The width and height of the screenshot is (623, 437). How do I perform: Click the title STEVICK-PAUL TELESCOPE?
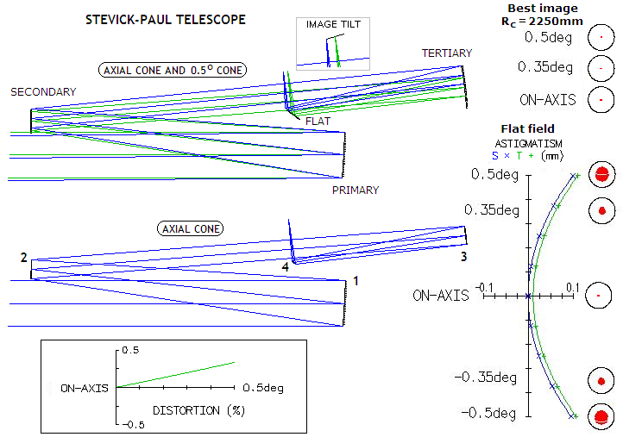click(x=166, y=20)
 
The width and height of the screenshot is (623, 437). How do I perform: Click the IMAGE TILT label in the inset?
click(x=333, y=25)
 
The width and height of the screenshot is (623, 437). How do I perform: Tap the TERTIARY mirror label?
click(x=447, y=53)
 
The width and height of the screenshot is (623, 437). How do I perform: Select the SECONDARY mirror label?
click(x=43, y=92)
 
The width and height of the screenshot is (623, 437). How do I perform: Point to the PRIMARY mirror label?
click(x=356, y=190)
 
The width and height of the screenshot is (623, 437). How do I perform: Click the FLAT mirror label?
click(x=318, y=121)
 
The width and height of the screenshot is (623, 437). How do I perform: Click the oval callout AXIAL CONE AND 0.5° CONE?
click(x=173, y=71)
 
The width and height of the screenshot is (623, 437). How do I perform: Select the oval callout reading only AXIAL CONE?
click(x=191, y=229)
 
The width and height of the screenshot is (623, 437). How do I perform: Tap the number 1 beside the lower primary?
click(x=356, y=281)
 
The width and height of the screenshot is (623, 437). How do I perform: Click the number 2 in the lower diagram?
click(x=24, y=258)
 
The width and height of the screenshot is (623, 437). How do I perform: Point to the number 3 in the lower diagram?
click(x=463, y=257)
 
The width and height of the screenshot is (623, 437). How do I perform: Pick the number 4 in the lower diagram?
click(x=285, y=267)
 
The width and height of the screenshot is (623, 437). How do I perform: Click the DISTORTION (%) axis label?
click(x=198, y=410)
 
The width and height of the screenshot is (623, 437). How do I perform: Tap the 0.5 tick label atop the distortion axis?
click(x=130, y=350)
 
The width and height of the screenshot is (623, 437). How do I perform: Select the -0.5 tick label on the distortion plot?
click(x=133, y=425)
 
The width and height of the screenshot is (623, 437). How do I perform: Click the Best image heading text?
click(x=543, y=9)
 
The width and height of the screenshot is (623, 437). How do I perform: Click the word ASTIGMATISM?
click(x=528, y=143)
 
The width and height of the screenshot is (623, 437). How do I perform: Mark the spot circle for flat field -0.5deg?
click(x=601, y=417)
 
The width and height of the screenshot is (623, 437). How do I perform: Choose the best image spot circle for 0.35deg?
click(x=601, y=68)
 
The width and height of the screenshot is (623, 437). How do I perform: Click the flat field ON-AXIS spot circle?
click(x=598, y=296)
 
